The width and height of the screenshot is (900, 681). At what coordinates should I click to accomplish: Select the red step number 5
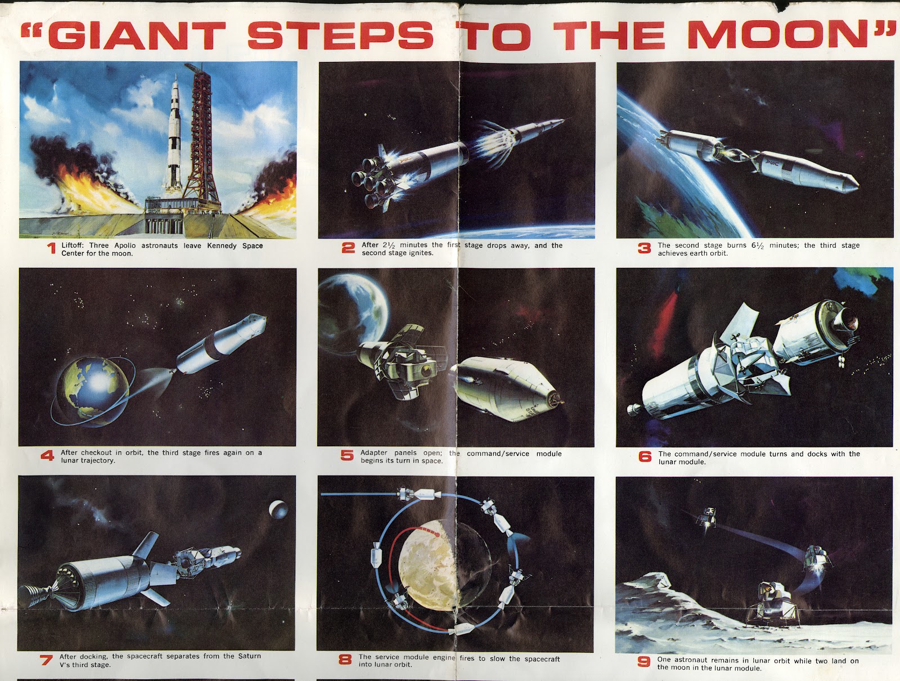coord(347,456)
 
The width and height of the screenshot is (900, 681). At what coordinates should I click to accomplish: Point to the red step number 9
coord(644,662)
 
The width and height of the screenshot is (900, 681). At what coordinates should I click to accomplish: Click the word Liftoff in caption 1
coord(74,246)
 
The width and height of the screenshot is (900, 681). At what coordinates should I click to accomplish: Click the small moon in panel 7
coord(277,509)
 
